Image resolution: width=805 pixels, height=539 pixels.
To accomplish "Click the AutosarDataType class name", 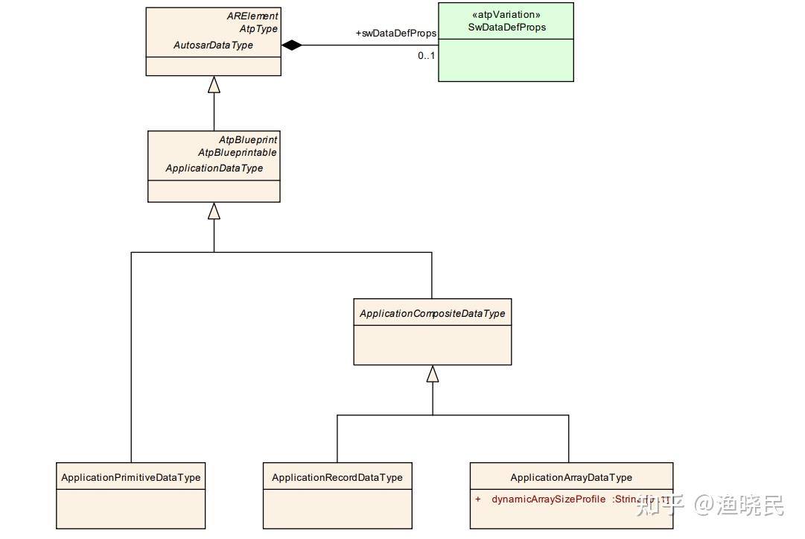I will [x=213, y=45].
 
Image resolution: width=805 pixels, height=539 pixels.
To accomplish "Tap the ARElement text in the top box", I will [x=252, y=16].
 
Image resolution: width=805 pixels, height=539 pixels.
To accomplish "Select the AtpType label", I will [x=258, y=29].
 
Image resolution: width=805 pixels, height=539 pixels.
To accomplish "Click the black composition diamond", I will [x=291, y=45].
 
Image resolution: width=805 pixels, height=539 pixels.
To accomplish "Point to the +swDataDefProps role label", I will [x=395, y=34].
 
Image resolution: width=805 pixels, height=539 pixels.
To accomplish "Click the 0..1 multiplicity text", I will [x=426, y=55].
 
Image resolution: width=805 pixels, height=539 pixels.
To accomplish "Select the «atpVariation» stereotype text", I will [x=506, y=15].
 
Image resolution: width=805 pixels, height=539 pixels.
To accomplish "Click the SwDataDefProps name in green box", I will [x=506, y=28].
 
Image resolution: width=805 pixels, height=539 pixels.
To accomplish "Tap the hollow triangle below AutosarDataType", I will [x=214, y=84].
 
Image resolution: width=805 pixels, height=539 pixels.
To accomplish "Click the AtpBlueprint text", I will [x=248, y=139].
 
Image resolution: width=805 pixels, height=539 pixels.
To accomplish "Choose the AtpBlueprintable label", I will [x=238, y=153].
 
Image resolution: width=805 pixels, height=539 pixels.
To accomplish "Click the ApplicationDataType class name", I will [x=214, y=168].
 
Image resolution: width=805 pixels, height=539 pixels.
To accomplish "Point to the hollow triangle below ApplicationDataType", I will [x=214, y=211].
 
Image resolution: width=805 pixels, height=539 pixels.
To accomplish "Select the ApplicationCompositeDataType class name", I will [x=432, y=314].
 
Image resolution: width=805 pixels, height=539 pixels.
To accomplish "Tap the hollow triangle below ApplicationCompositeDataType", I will [x=432, y=373].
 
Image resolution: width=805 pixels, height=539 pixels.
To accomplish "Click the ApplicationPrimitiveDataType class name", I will [x=131, y=478].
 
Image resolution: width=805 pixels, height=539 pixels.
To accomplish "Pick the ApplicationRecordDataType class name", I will [x=337, y=478].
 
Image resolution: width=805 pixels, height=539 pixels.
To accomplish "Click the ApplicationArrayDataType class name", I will [x=571, y=478].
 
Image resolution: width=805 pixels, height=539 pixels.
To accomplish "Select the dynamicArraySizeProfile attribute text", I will [x=548, y=499].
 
